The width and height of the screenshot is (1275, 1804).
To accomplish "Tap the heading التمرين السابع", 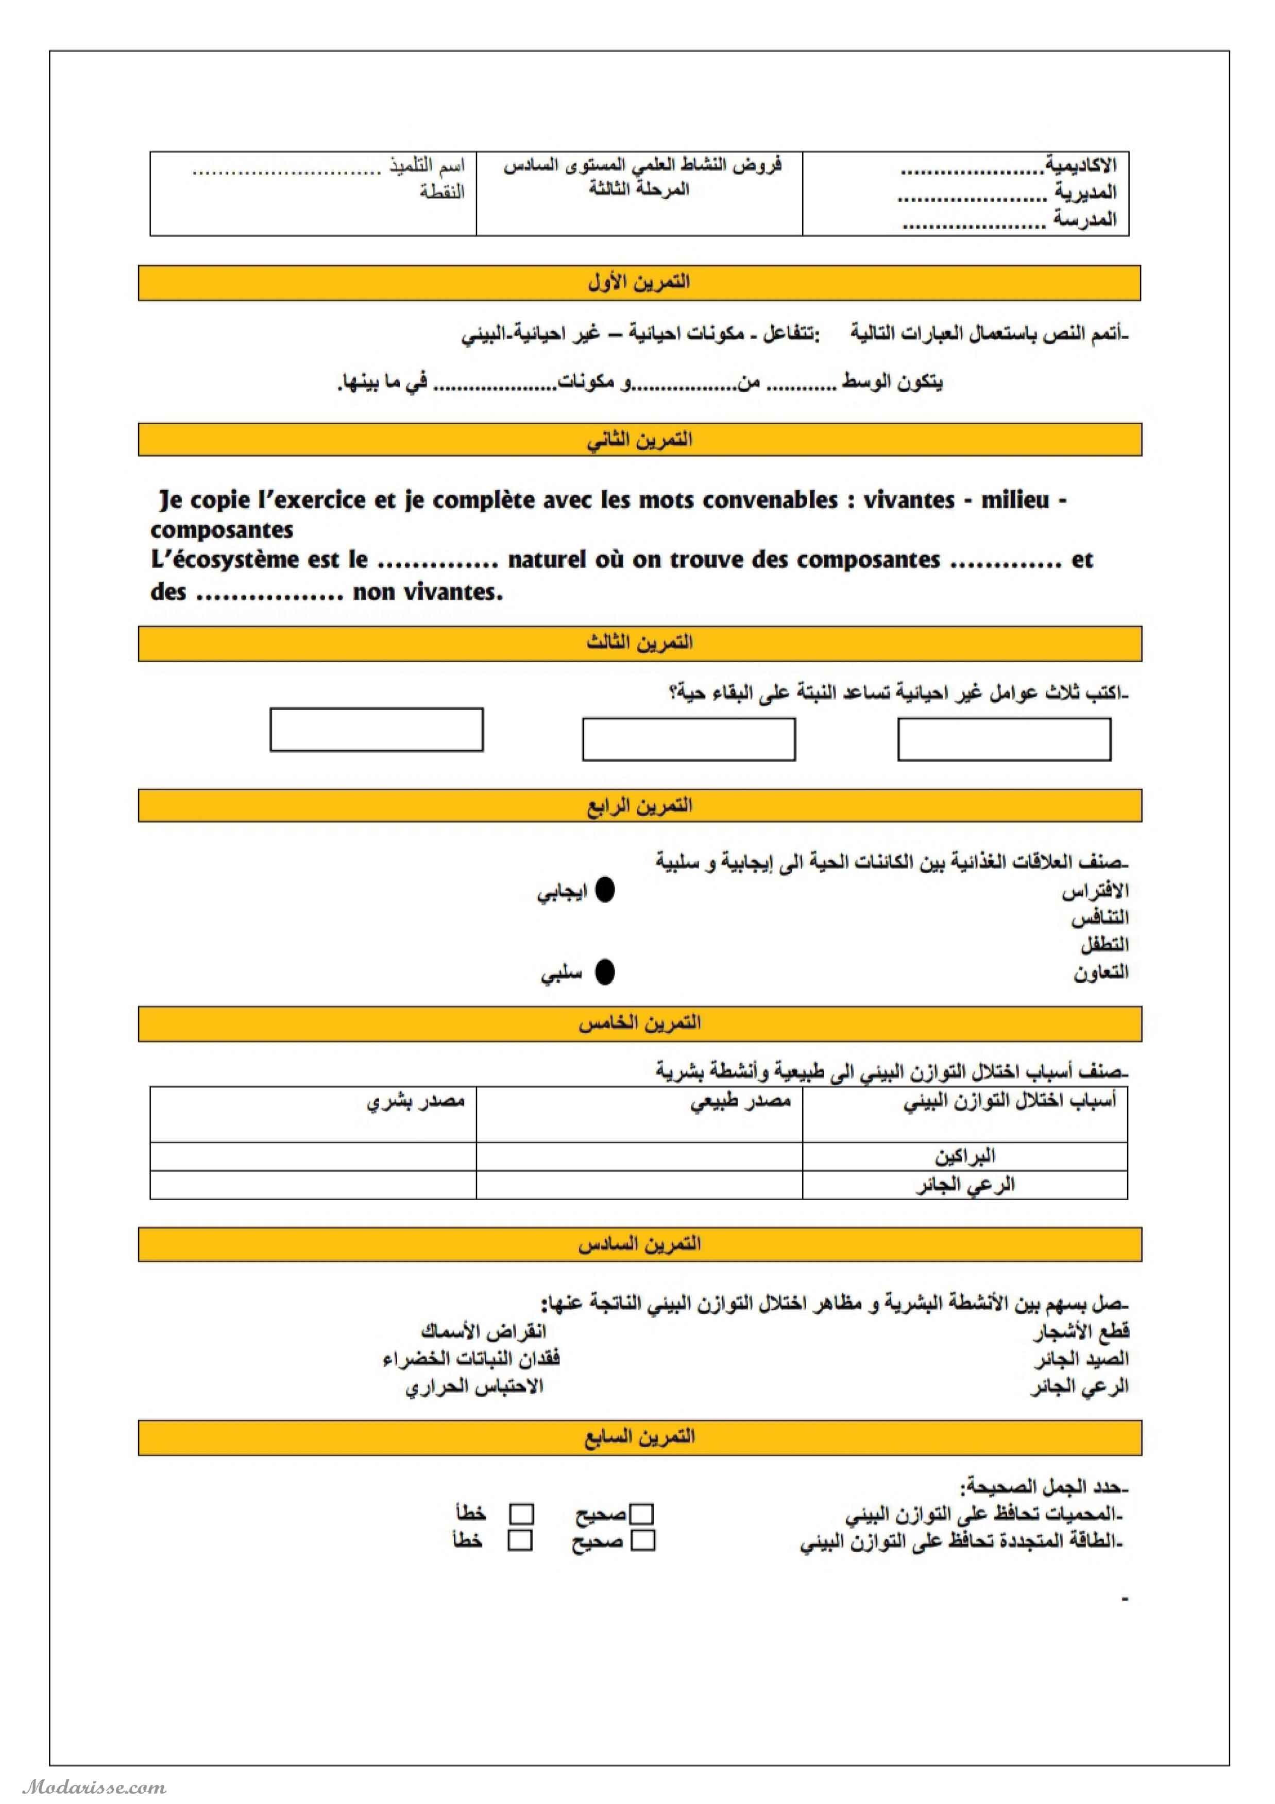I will point(639,1436).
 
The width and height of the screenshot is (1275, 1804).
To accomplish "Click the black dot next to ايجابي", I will point(604,890).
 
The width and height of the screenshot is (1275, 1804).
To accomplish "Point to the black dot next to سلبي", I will point(604,973).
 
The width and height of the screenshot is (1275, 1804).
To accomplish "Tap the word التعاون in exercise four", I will point(1100,973).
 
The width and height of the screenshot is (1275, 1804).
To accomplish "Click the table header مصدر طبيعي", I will point(740,1102).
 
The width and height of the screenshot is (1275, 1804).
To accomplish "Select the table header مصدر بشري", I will point(416,1102).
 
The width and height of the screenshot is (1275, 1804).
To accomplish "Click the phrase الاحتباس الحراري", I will point(474,1387).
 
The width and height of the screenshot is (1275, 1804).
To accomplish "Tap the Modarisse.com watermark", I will point(94,1788).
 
